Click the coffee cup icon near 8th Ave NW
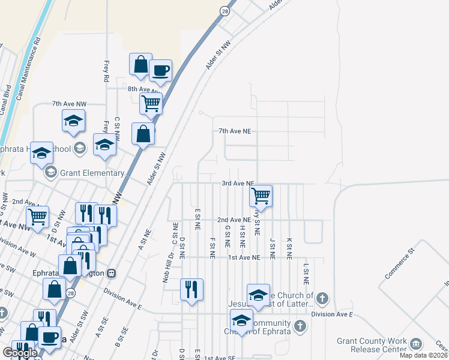160,71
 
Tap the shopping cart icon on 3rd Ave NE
261,196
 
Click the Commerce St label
400,263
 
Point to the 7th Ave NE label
234,131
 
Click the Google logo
19,353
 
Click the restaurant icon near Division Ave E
192,289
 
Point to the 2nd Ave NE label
234,220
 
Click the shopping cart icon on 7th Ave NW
151,103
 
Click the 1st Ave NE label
244,257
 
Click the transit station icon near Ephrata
111,273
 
